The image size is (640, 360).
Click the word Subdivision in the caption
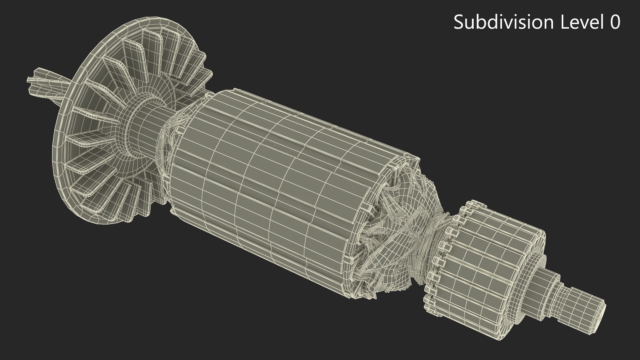pyautogui.click(x=503, y=23)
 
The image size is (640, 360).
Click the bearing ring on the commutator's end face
pyautogui.click(x=533, y=267)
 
